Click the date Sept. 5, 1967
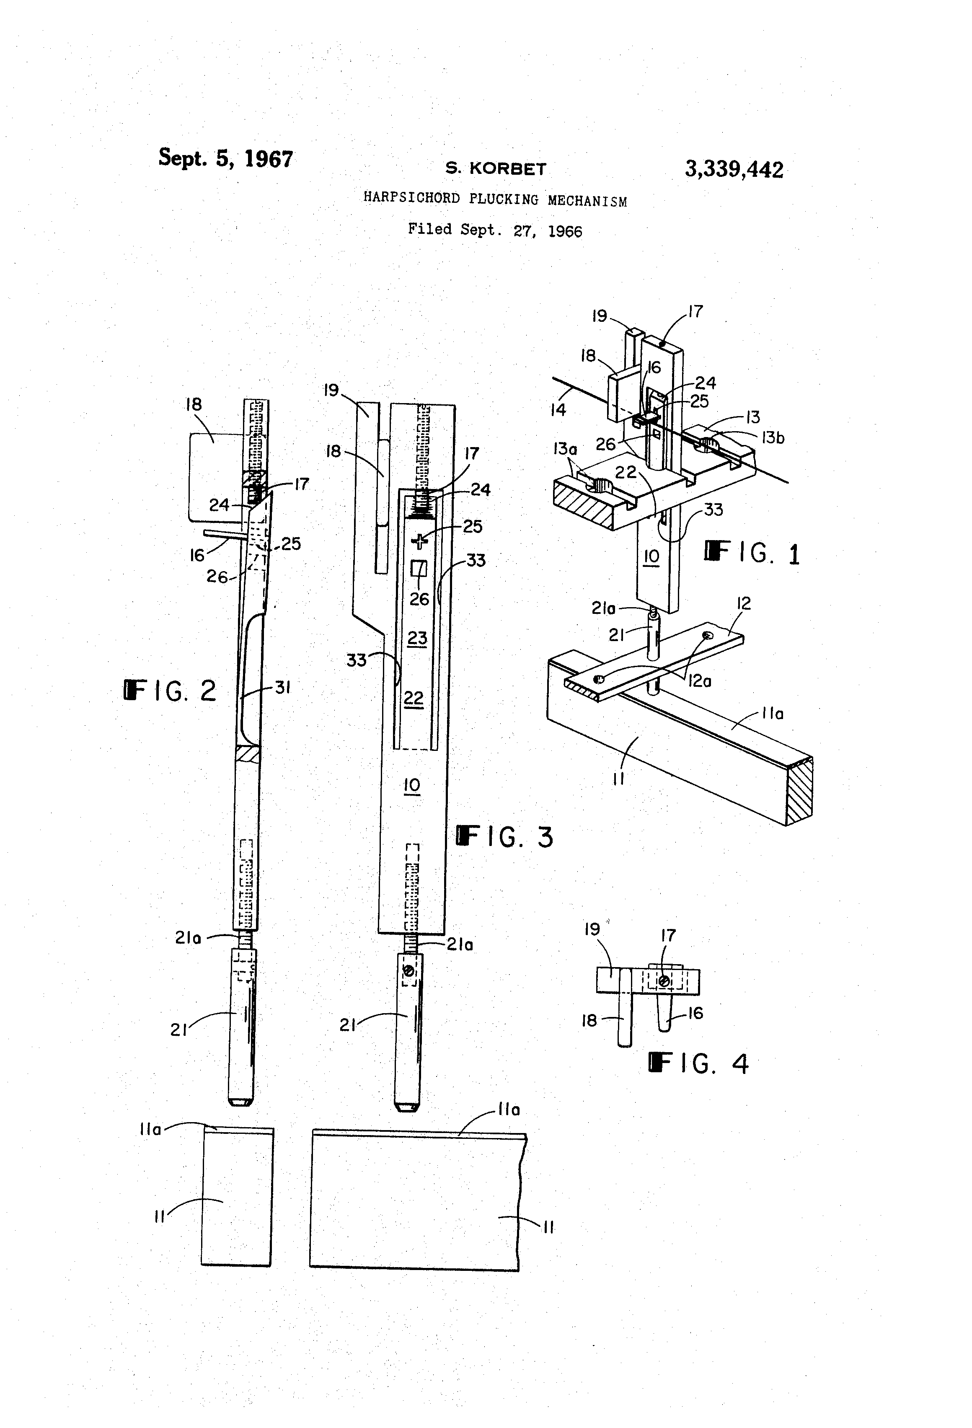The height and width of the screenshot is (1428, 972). [x=225, y=158]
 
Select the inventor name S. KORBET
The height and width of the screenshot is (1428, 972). [x=495, y=168]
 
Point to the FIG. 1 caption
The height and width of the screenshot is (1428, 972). [x=752, y=553]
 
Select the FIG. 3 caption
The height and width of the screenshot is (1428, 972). [x=504, y=836]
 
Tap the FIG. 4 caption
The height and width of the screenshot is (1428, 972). [x=698, y=1063]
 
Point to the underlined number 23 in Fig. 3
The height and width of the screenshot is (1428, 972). [x=417, y=638]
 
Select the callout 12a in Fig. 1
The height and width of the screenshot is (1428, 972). [x=699, y=681]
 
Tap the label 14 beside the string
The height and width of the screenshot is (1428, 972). [x=558, y=410]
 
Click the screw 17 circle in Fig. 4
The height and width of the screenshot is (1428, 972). [x=664, y=981]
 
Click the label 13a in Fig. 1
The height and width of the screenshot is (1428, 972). [x=565, y=449]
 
